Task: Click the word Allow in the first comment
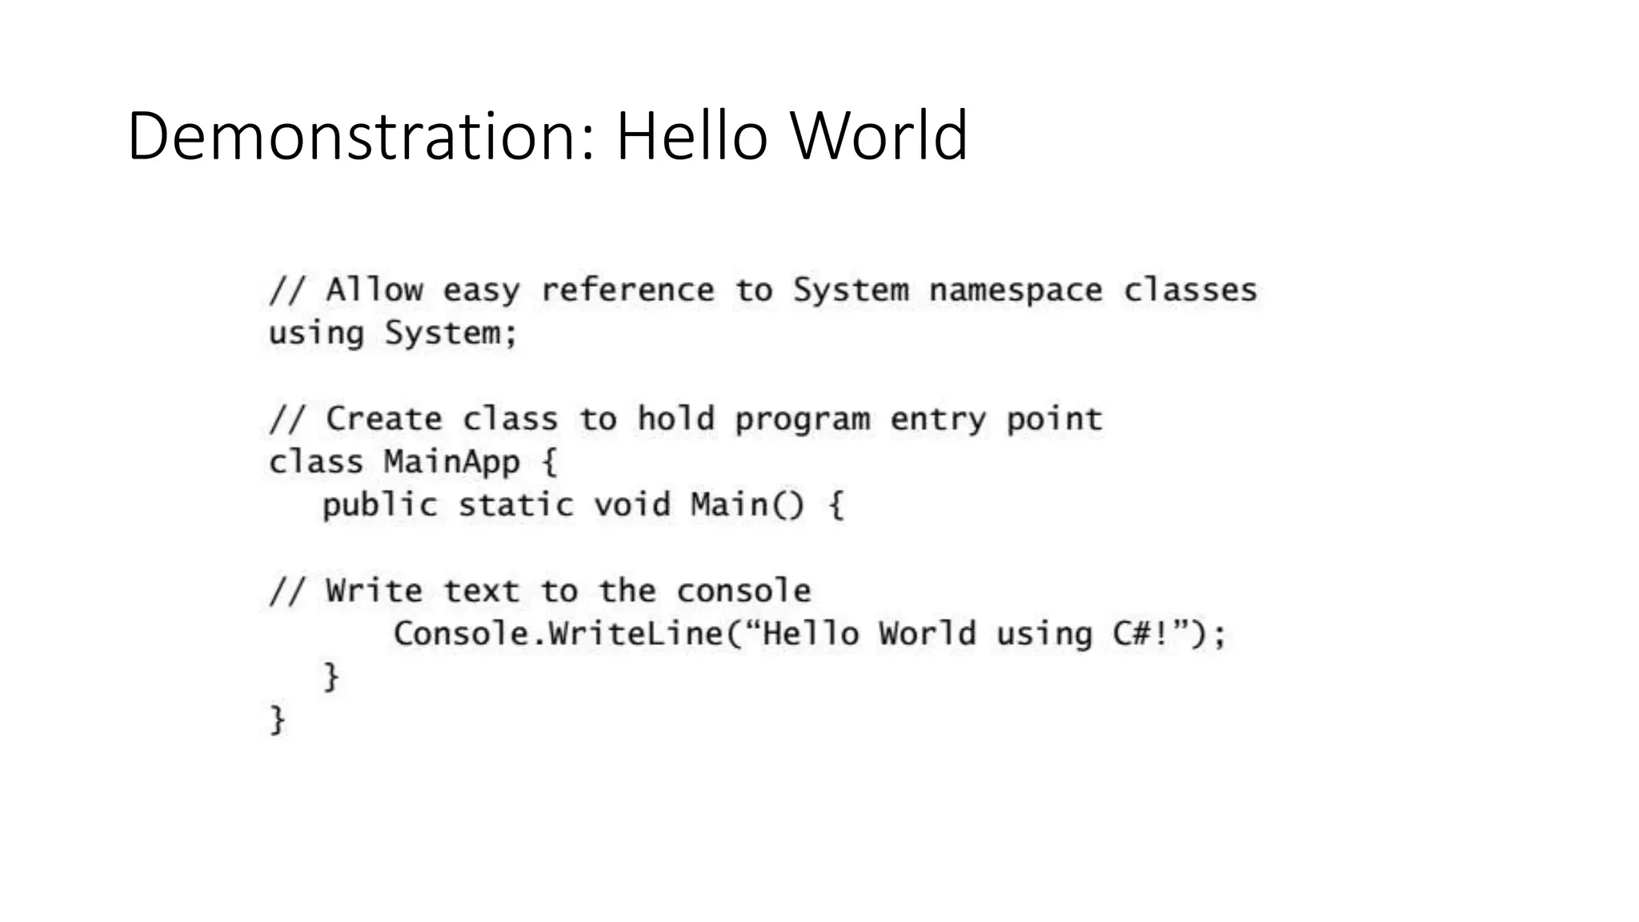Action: pos(374,290)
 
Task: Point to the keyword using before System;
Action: pos(316,333)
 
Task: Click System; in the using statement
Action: pos(451,333)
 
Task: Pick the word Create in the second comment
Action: pos(383,419)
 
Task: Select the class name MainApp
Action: pos(451,463)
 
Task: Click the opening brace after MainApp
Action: pos(550,463)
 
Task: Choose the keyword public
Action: pos(379,506)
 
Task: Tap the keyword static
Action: pos(515,506)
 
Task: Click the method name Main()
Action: pos(747,506)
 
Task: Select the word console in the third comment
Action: pos(743,591)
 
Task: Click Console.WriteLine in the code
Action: pos(558,634)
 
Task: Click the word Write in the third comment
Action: pos(374,591)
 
